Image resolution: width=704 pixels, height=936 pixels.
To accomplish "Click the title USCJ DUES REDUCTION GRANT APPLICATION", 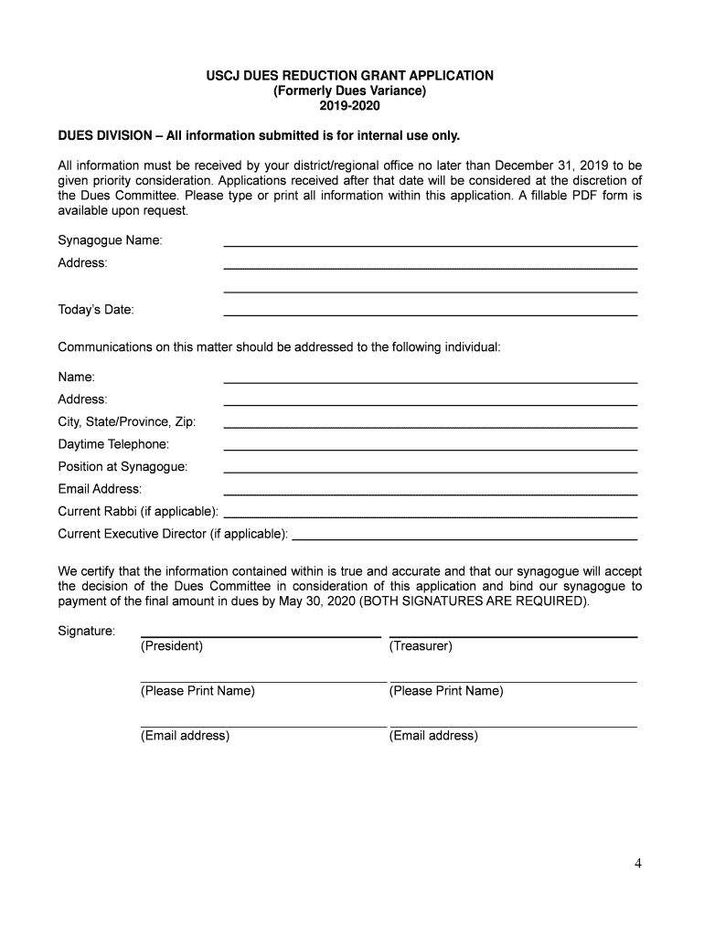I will [x=350, y=76].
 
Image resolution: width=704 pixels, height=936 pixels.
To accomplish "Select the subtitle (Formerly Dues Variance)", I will [x=350, y=91].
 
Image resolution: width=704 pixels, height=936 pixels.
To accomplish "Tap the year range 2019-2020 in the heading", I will [x=350, y=107].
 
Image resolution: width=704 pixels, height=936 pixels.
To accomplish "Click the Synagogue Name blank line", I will [x=430, y=245].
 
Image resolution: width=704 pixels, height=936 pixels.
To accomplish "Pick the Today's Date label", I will [x=96, y=310].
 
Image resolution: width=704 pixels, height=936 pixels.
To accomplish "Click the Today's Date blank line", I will [x=430, y=314].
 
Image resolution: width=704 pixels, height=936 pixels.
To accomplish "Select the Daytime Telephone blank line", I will [x=430, y=448].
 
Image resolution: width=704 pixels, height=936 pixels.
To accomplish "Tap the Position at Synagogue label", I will [x=123, y=467].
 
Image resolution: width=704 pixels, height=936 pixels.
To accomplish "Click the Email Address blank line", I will [x=430, y=493].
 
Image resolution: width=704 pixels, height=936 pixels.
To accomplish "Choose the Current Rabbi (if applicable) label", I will [x=138, y=511].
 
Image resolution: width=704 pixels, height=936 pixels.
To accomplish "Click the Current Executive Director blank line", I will [x=464, y=537].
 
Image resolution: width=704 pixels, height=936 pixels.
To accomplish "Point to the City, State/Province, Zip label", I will [x=127, y=422].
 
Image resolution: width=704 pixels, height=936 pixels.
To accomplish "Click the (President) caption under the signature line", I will [x=172, y=646].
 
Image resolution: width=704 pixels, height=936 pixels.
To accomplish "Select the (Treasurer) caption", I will [x=421, y=646].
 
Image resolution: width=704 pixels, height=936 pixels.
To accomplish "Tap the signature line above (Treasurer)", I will [x=513, y=635].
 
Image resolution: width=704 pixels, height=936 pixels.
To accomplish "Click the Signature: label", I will [x=87, y=632].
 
